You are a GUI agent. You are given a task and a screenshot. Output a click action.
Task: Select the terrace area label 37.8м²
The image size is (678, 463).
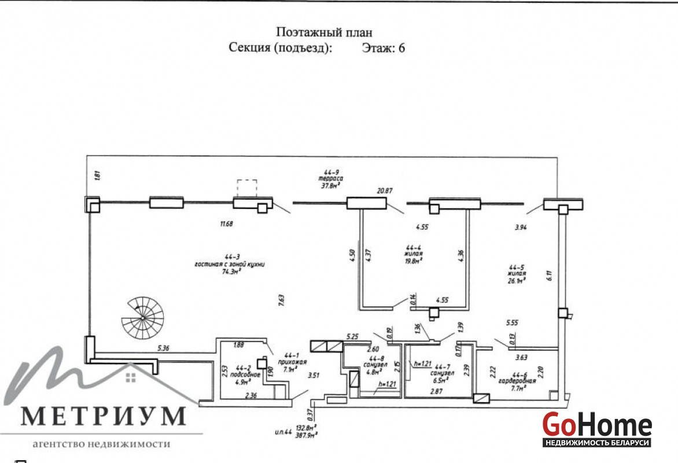click(x=330, y=186)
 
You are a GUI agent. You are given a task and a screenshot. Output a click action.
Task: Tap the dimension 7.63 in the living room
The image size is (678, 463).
click(x=281, y=300)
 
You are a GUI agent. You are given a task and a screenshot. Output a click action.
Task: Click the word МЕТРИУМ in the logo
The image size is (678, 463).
click(x=104, y=416)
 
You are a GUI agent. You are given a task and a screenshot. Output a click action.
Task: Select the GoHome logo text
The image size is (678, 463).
click(x=597, y=426)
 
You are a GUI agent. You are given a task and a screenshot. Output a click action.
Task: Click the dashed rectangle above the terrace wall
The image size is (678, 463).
click(x=247, y=188)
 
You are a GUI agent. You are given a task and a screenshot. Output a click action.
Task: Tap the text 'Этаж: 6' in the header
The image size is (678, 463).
click(x=383, y=48)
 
